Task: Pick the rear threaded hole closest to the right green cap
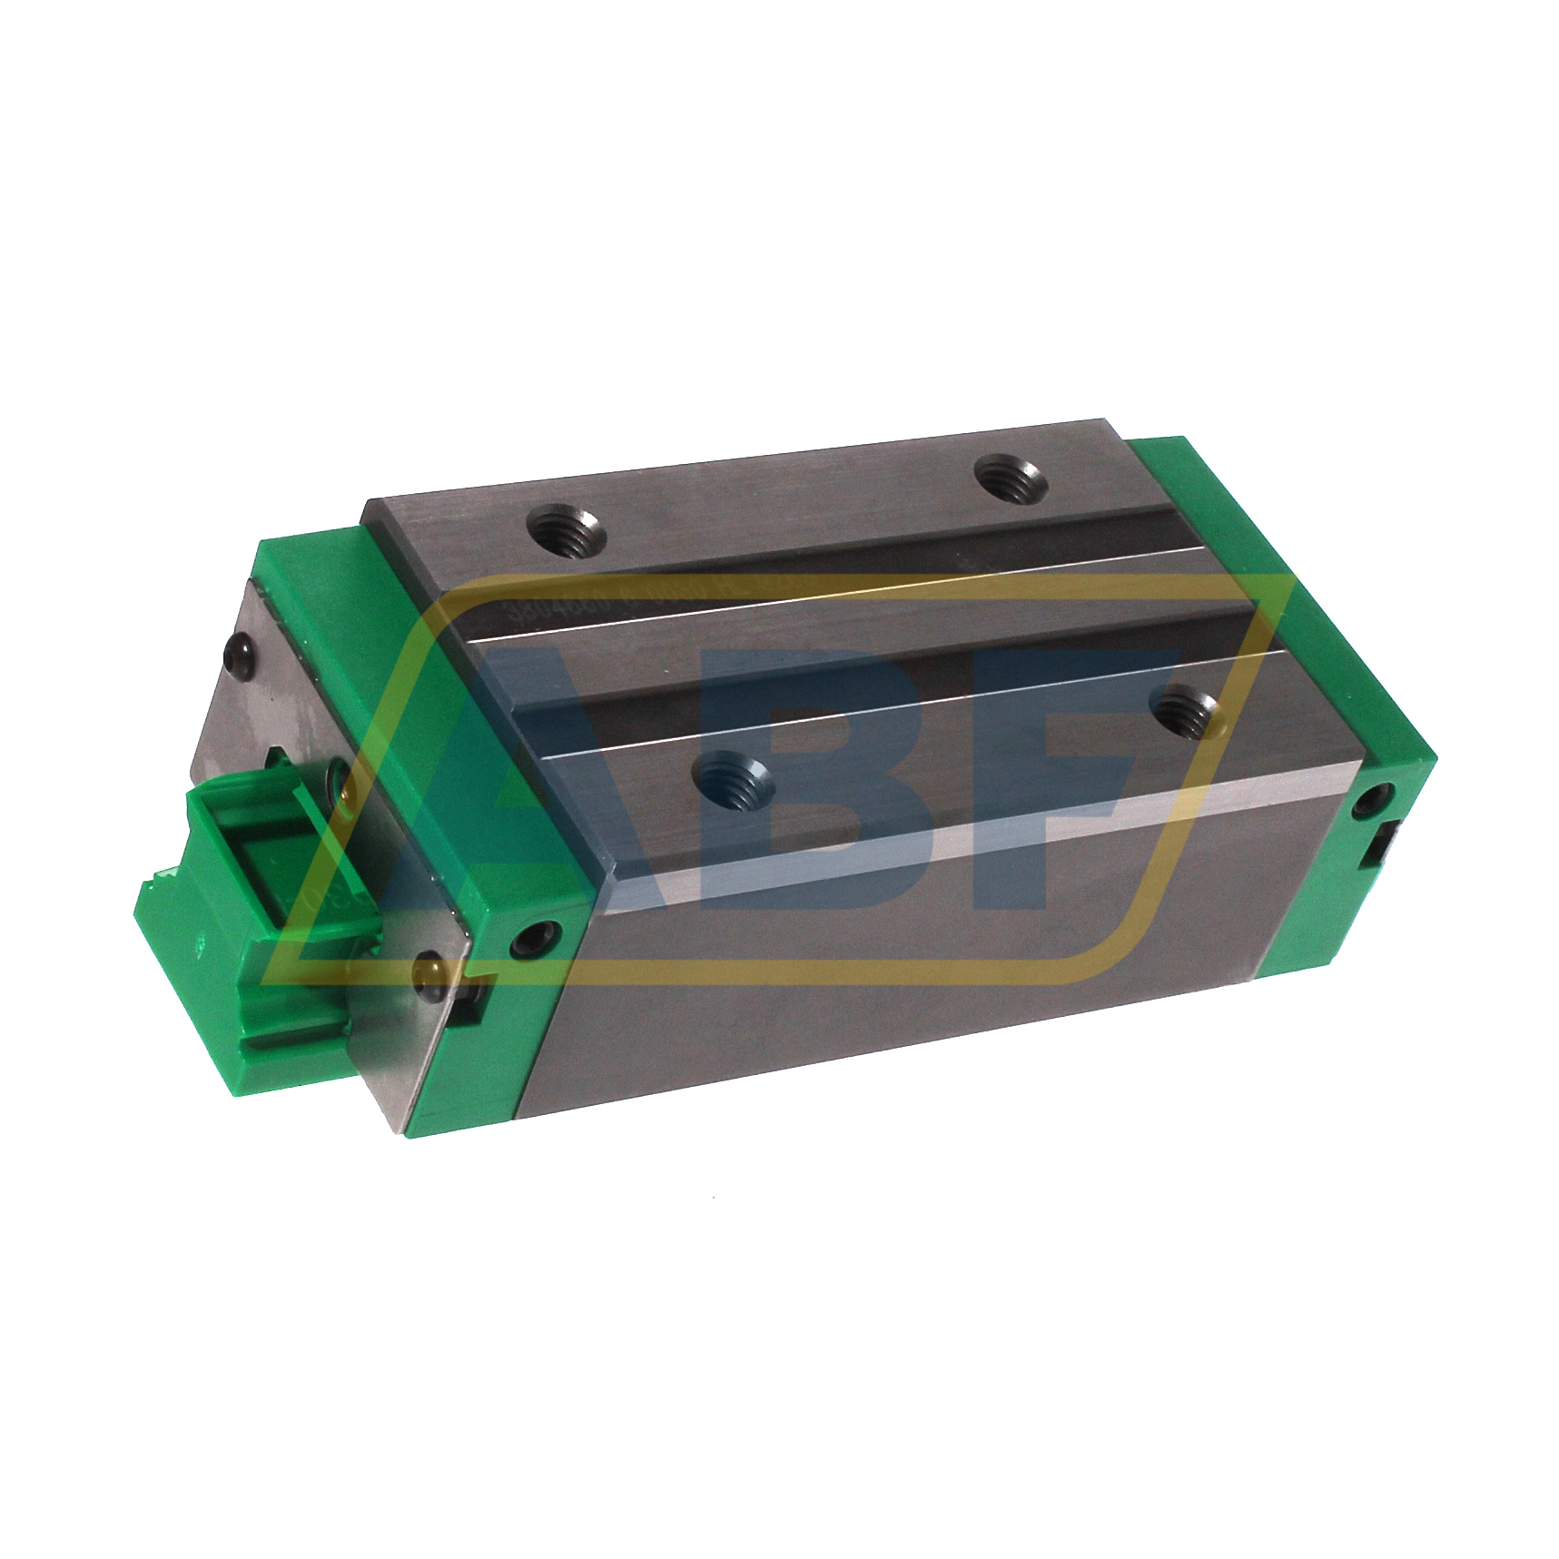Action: click(x=1009, y=479)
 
